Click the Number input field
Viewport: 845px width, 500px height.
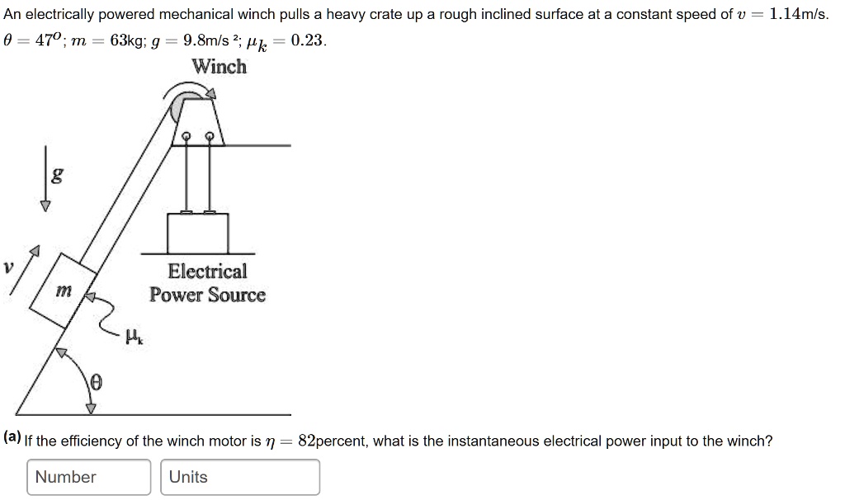(89, 477)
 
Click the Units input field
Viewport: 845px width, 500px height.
(240, 477)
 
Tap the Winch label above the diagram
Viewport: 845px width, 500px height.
(220, 66)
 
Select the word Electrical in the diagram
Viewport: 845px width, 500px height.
(207, 271)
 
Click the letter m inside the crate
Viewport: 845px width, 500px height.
(64, 291)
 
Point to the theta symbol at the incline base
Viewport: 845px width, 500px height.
(96, 383)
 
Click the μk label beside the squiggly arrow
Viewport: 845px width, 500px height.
(134, 337)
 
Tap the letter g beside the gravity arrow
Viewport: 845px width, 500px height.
(57, 175)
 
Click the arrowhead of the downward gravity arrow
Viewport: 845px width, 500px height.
(45, 205)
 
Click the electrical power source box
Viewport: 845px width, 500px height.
(198, 233)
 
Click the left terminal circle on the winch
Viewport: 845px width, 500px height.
(186, 136)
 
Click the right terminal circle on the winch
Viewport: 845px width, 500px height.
(210, 136)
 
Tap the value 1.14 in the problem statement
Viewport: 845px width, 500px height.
(784, 14)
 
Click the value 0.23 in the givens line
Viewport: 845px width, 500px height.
(307, 40)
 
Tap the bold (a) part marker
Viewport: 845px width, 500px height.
(12, 437)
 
